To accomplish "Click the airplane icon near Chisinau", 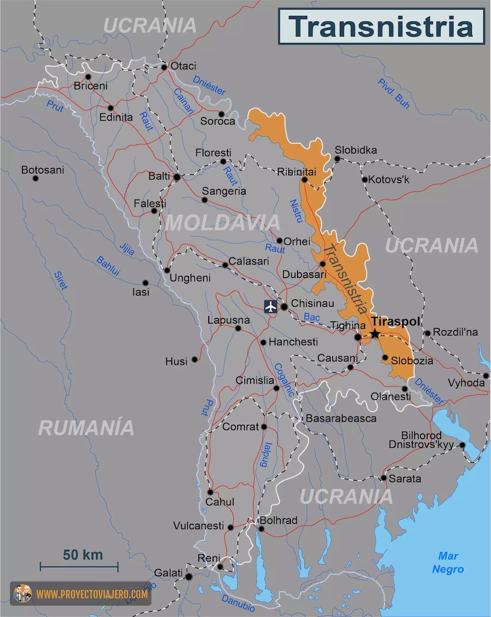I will point(271,306).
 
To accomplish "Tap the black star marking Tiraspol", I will point(375,334).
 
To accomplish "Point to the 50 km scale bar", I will point(79,567).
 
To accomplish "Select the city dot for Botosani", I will point(35,178).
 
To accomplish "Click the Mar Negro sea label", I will point(448,563).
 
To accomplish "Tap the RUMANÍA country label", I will point(86,428).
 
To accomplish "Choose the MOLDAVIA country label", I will point(222,222).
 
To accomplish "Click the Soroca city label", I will point(217,121).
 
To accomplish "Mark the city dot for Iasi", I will point(145,283).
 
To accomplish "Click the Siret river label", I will point(60,281).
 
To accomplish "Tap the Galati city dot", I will point(189,576).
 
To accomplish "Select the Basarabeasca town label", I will point(341,418).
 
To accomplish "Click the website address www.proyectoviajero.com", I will point(92,594).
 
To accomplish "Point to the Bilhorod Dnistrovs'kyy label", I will point(427,440).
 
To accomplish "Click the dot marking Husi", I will point(194,359).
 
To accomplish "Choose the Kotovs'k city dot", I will point(365,180).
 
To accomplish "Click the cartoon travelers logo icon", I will point(23,594).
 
